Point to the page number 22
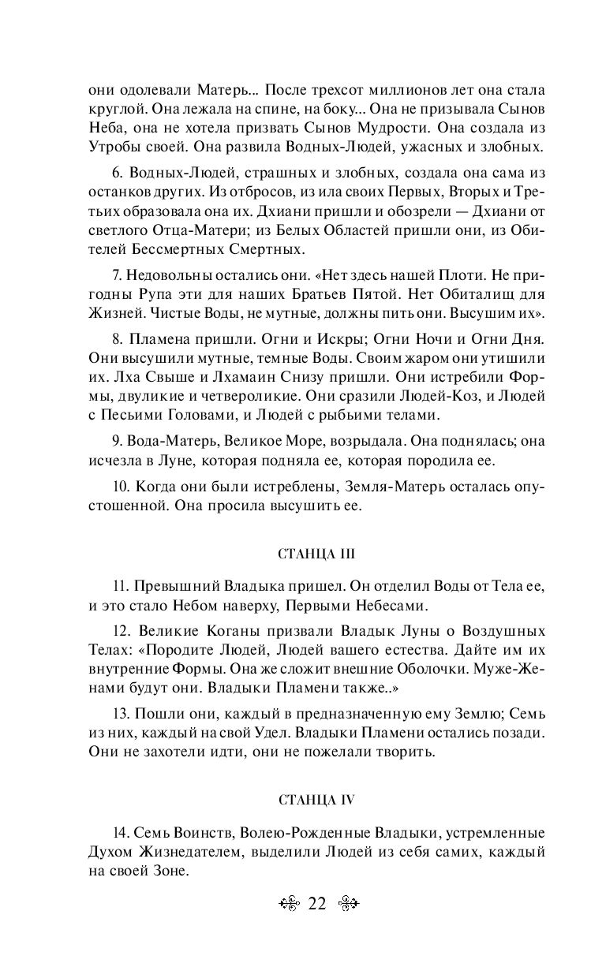coord(317,903)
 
